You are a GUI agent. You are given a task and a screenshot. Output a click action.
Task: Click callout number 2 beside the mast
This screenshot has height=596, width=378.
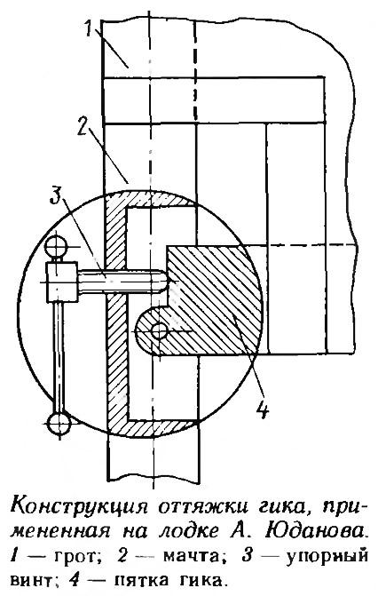click(84, 128)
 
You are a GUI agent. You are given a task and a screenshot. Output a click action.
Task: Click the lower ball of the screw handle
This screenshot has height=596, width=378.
click(59, 423)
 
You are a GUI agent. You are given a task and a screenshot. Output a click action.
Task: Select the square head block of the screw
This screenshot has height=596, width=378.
click(62, 281)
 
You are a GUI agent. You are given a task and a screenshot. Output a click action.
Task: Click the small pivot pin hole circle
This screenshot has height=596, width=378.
click(158, 331)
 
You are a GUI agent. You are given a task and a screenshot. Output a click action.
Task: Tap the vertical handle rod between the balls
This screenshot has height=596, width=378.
click(59, 356)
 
